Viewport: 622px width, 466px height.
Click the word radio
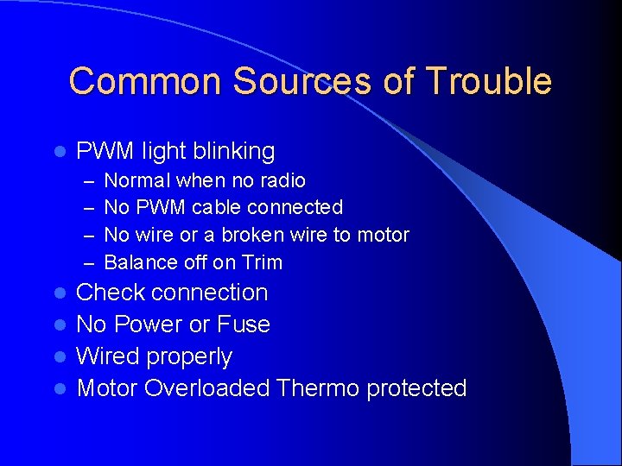coord(285,180)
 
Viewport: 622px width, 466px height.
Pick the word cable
coord(219,207)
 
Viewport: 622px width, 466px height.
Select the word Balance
coord(137,262)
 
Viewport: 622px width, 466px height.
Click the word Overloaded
coord(207,388)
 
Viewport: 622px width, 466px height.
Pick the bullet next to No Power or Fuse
coord(59,325)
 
